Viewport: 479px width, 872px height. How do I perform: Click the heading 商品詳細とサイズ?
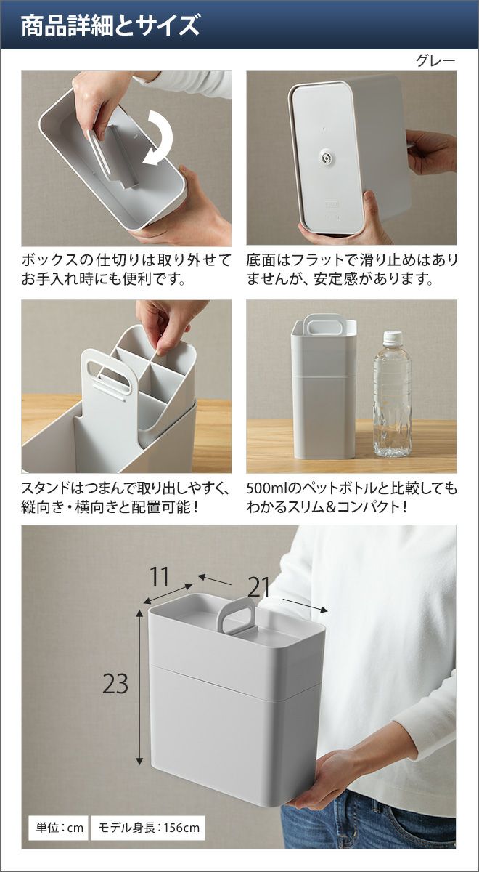tap(110, 25)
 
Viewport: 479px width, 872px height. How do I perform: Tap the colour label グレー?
tap(435, 61)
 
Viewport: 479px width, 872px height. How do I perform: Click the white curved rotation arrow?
tap(158, 138)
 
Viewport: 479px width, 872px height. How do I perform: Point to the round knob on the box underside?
tap(325, 156)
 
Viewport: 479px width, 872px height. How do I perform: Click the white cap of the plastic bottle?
tap(393, 338)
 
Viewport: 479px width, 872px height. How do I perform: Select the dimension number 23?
tap(115, 683)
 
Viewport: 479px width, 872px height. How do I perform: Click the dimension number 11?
tap(160, 576)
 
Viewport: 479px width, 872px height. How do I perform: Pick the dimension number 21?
tap(258, 587)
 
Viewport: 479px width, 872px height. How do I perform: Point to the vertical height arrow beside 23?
tap(139, 686)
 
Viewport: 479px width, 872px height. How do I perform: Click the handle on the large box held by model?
tap(236, 616)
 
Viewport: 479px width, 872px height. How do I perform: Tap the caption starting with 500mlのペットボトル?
tap(351, 497)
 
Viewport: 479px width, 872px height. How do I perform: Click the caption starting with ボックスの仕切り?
tap(126, 270)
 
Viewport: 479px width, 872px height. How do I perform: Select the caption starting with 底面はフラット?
tap(351, 270)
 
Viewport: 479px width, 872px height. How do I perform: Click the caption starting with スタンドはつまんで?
tap(124, 497)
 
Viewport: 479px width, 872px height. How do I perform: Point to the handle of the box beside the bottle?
tap(322, 324)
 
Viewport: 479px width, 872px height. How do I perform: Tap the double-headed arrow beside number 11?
tap(168, 594)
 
